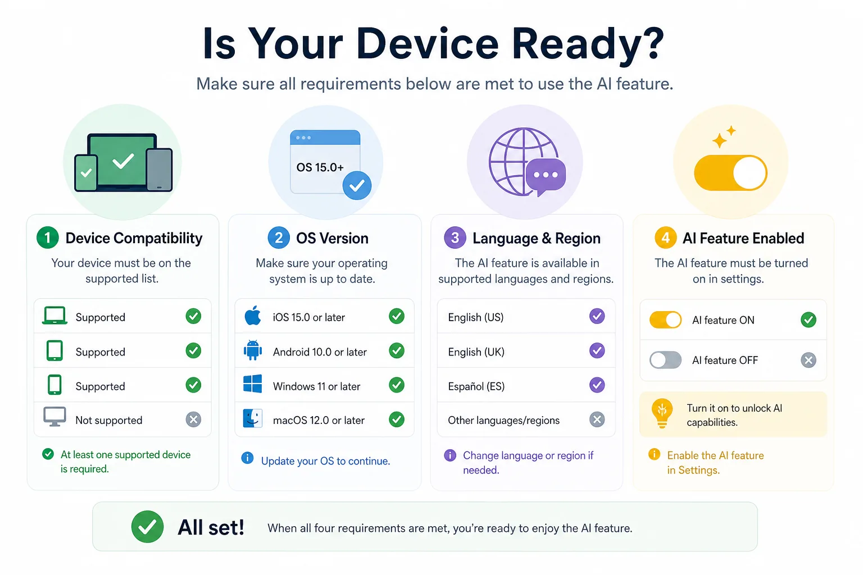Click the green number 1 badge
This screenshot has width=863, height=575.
click(47, 238)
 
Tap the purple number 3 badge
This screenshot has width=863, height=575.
click(455, 238)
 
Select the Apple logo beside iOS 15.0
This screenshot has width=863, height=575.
click(253, 316)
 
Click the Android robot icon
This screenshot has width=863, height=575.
click(253, 350)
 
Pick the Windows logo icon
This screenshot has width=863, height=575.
click(253, 384)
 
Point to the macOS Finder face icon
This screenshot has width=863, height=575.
click(253, 419)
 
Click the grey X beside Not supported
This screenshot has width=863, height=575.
click(193, 419)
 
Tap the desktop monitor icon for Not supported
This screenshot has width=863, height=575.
click(54, 417)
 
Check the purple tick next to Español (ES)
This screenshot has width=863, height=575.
click(597, 385)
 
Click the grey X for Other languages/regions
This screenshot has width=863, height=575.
click(597, 419)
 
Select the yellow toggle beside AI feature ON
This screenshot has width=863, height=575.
click(665, 320)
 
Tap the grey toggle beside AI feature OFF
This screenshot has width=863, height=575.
click(665, 360)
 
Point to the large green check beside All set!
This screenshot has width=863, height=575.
click(147, 527)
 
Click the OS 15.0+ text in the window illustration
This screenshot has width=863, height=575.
click(320, 167)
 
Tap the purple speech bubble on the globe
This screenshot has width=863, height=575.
click(546, 176)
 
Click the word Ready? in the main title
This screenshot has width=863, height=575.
click(588, 44)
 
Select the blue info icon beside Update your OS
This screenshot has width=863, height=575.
click(247, 458)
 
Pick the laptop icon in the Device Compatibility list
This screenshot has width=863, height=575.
click(54, 316)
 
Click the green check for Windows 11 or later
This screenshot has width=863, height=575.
click(397, 385)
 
